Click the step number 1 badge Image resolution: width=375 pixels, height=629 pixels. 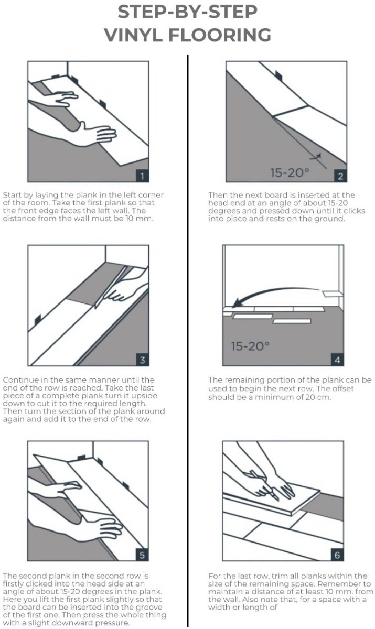coord(143,175)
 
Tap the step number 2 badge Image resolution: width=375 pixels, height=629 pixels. coord(340,175)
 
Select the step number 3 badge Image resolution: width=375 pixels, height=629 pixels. coord(143,359)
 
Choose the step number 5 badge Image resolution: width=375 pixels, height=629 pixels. coord(143,554)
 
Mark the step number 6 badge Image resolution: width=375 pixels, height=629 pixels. coord(338,554)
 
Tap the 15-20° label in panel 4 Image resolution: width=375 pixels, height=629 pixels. coord(250,346)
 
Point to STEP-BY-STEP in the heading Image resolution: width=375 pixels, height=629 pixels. coord(187,12)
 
